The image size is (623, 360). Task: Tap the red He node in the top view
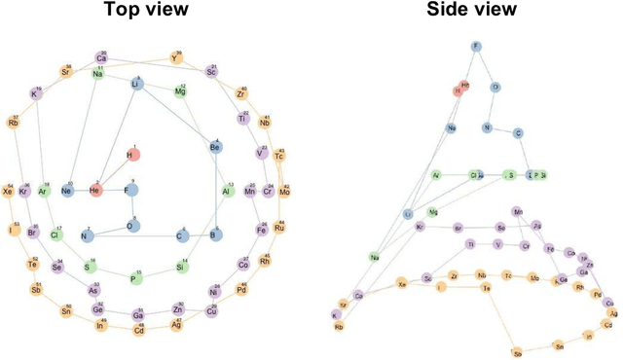coord(95,191)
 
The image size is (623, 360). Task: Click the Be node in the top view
coord(215,147)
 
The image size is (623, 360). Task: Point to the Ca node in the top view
coord(101,57)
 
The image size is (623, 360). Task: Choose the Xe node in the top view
coord(10,191)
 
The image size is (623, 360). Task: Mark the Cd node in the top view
coord(139,330)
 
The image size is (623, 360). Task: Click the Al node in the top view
coord(226,191)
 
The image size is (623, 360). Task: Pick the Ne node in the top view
coord(67,191)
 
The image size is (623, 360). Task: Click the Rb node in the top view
coord(14,123)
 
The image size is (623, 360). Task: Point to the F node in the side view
coord(476,46)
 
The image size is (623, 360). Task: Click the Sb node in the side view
coord(518,352)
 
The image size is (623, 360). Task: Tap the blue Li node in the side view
coord(408,213)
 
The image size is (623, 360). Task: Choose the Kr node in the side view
coord(421,227)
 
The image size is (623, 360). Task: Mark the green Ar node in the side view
coord(436,176)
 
